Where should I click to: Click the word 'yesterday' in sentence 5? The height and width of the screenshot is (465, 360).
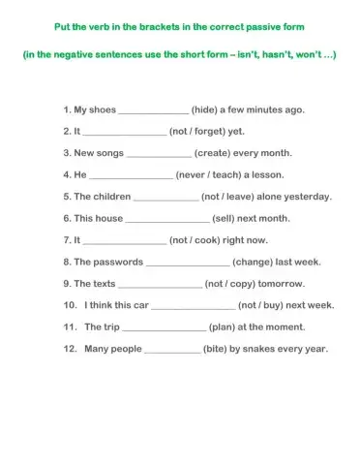309,197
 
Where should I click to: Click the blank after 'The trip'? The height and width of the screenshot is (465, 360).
165,328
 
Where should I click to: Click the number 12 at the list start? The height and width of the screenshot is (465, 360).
68,349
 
